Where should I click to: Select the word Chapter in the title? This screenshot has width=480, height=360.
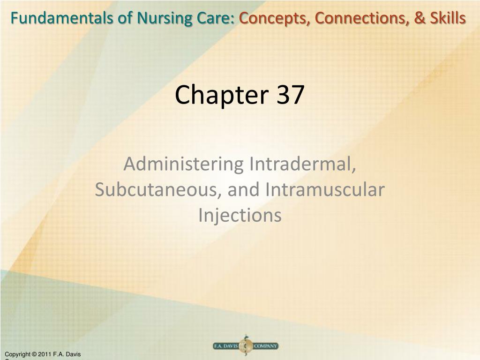(216, 95)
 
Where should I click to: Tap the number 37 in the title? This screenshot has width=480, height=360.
(290, 95)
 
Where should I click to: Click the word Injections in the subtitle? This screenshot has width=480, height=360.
(240, 216)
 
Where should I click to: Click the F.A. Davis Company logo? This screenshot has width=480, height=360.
(245, 346)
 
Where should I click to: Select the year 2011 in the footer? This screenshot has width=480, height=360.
(46, 354)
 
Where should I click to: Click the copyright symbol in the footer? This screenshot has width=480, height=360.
(34, 354)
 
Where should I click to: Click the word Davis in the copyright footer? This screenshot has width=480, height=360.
(73, 354)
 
